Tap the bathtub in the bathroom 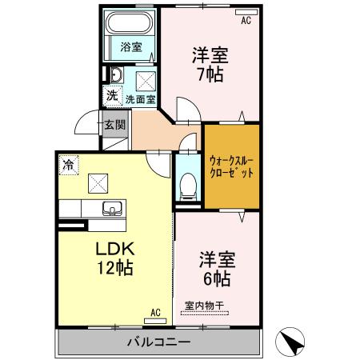pos(130,22)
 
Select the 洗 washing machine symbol pos(113,95)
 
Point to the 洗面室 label pos(140,101)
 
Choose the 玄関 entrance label pos(114,124)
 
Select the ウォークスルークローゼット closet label pos(231,166)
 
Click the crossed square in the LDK pos(98,184)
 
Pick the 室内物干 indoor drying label pos(203,304)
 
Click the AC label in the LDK pos(156,313)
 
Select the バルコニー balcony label pos(158,342)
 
